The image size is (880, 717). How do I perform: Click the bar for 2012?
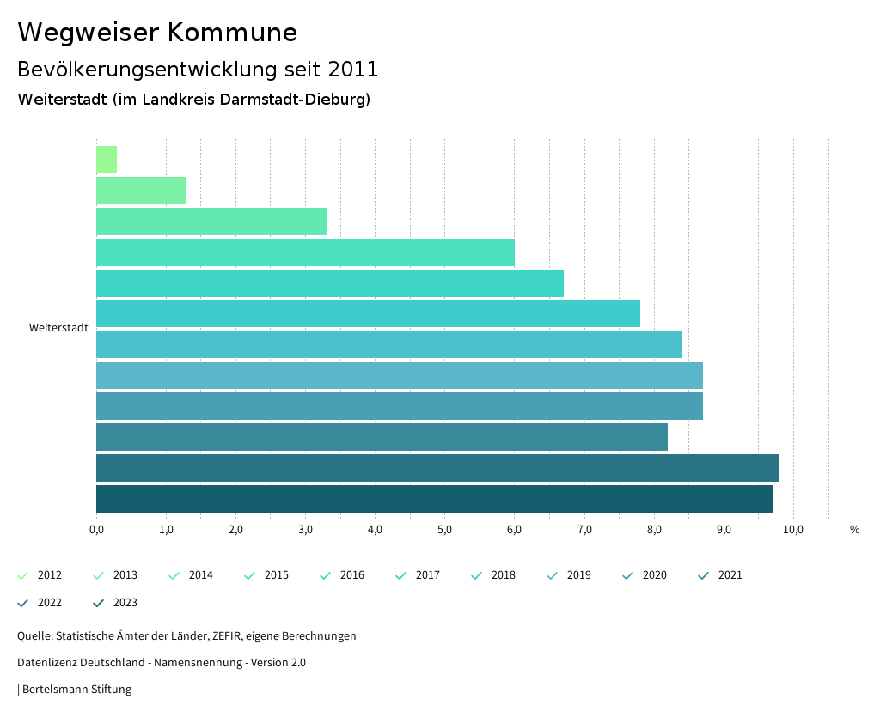107,160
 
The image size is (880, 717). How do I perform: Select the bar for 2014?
211,222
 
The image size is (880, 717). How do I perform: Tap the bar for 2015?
305,252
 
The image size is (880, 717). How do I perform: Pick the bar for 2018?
388,344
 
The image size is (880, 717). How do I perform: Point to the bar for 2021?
382,437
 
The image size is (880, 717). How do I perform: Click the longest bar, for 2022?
437,468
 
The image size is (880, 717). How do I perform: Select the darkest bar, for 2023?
434,499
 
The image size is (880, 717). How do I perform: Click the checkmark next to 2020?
628,575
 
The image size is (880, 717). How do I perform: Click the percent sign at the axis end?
854,530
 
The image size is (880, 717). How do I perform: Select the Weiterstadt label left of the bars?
58,328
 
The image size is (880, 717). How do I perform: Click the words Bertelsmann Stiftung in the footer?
76,690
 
